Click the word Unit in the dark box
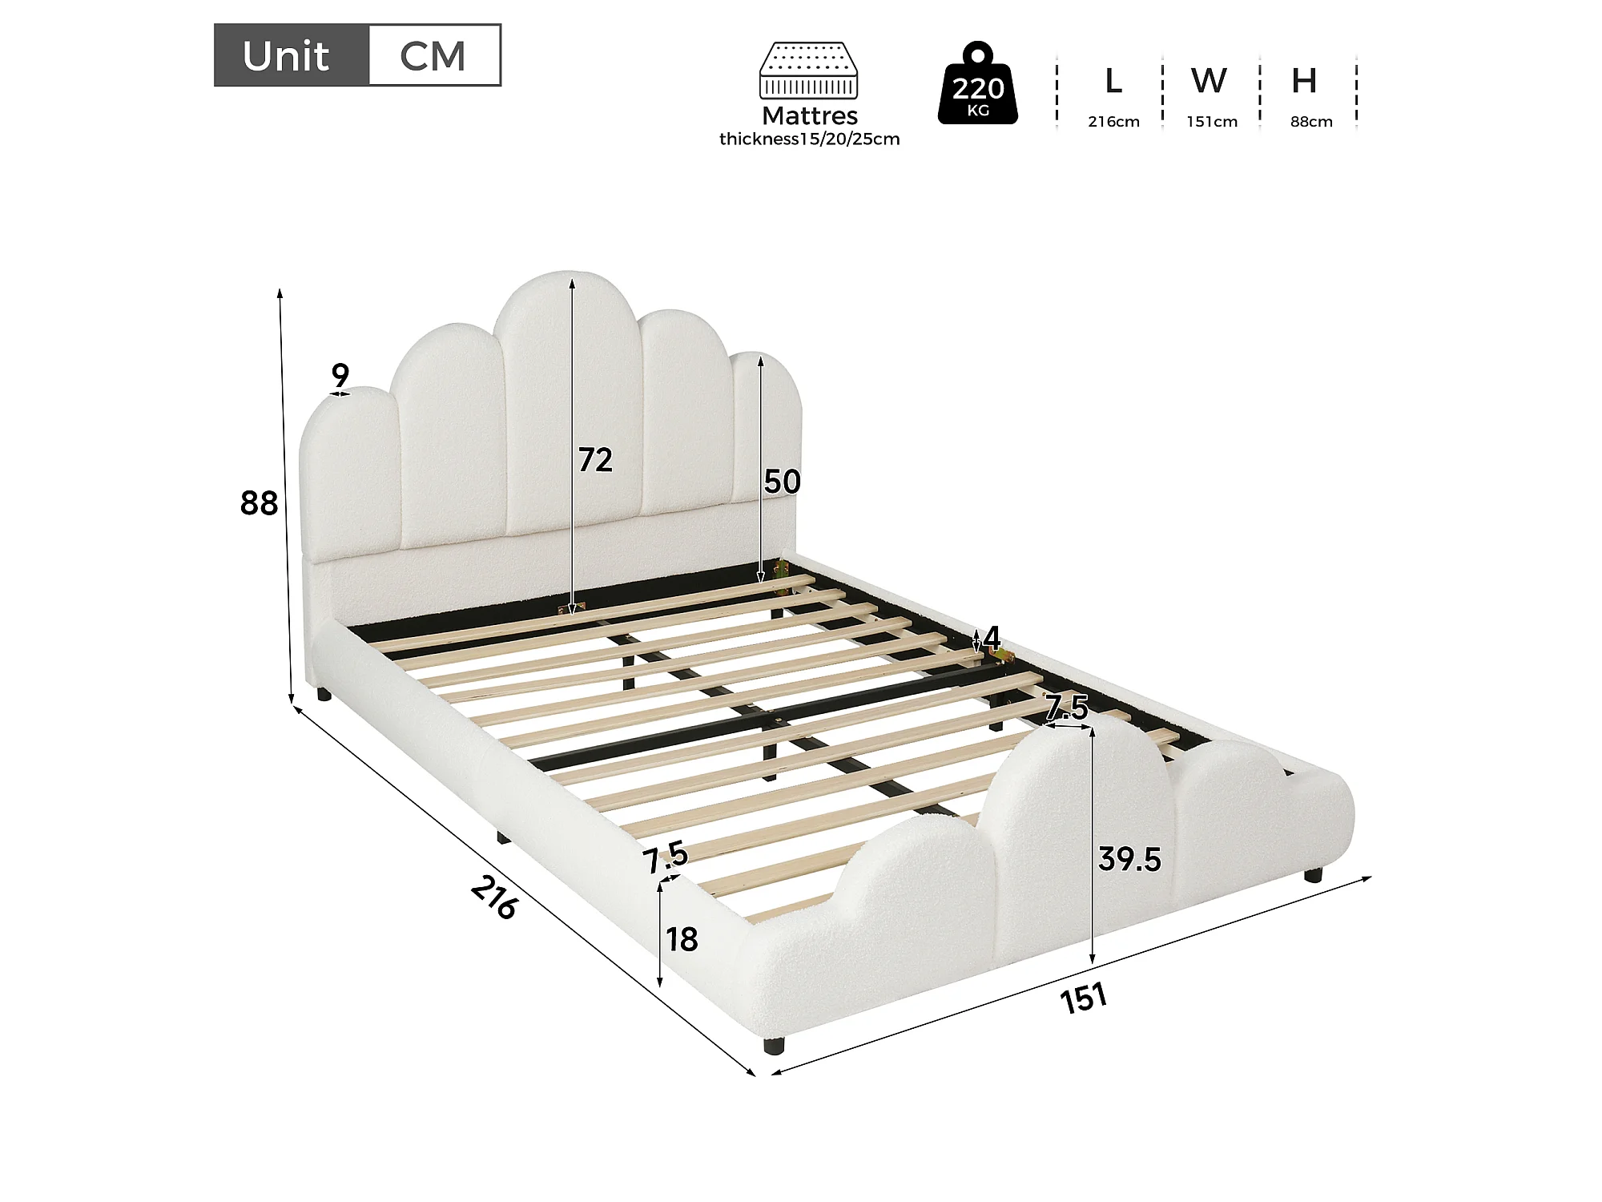coord(286,56)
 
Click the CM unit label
coord(433,56)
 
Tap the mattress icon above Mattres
coord(808,71)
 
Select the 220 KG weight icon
coord(978,83)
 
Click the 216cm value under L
coord(1113,122)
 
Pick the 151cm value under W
coord(1212,122)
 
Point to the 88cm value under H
coord(1311,122)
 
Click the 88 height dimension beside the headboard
coord(259,503)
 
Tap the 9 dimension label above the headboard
coord(340,374)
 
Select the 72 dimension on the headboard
coord(596,460)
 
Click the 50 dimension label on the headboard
coord(783,482)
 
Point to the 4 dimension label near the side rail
coord(992,639)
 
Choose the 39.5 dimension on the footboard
coord(1129,859)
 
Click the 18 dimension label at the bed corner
coord(682,939)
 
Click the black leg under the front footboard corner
coord(773,1045)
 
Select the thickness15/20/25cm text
coord(809,139)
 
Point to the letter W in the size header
coord(1209,80)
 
